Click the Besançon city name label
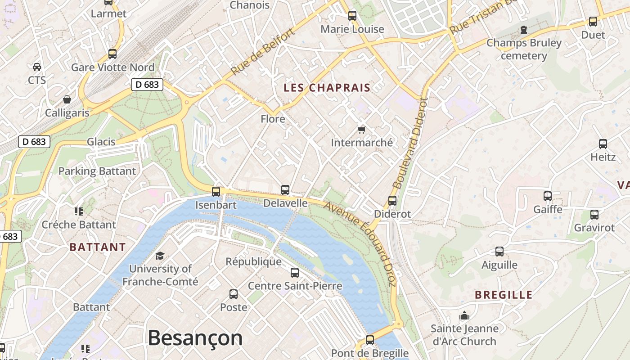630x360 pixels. pos(195,338)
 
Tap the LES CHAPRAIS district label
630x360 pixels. pos(327,88)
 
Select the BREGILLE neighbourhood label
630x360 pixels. pos(504,295)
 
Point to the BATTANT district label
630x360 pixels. pos(98,247)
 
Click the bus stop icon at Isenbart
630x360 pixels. pos(216,191)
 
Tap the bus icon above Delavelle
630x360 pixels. pos(285,189)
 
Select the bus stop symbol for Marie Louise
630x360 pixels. pos(352,15)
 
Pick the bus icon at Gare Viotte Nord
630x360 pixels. pos(112,54)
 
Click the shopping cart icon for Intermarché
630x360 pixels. pos(361,130)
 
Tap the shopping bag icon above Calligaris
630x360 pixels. pos(67,99)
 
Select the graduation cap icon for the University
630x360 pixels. pos(160,256)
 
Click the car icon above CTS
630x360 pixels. pos(37,67)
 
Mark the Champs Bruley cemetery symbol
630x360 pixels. pos(524,30)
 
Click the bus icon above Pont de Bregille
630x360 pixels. pos(370,340)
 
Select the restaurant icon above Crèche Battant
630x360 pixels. pos(79,211)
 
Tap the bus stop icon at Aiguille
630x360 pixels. pos(499,251)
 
